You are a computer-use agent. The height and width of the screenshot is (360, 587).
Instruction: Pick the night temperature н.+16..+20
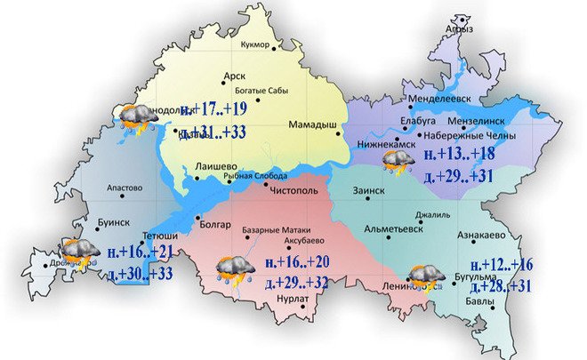(x=297, y=263)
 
